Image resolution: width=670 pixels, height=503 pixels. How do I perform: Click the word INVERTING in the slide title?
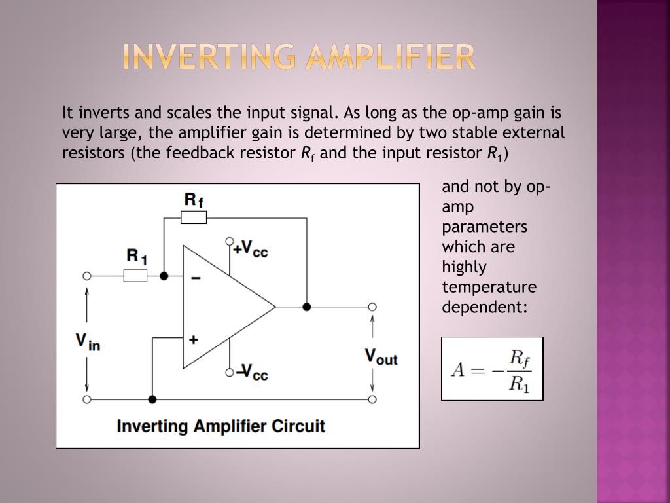click(202, 58)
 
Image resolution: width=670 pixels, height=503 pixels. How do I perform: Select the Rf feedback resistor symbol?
click(194, 217)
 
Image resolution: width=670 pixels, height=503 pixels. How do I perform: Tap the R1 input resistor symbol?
click(135, 276)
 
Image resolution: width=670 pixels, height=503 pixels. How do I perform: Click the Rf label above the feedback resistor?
click(194, 200)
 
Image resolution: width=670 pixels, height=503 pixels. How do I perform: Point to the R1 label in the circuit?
click(137, 256)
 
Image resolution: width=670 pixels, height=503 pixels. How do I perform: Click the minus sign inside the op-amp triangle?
click(195, 278)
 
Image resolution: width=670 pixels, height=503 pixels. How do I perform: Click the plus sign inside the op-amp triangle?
click(194, 339)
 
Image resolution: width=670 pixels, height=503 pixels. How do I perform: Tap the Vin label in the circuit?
click(88, 341)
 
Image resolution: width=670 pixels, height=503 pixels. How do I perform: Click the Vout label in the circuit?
click(381, 357)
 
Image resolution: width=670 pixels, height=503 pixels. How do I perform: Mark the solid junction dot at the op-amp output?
click(306, 307)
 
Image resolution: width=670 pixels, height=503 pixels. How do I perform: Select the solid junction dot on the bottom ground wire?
click(152, 399)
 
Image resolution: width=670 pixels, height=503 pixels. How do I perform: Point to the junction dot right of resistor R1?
click(164, 276)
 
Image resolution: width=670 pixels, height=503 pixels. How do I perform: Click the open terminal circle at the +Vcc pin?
click(230, 241)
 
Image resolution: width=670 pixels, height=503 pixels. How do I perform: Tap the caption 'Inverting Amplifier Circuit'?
click(220, 426)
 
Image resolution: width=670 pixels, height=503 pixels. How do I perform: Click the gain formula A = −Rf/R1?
click(492, 369)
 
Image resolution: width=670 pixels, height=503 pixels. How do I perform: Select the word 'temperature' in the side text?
click(489, 287)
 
